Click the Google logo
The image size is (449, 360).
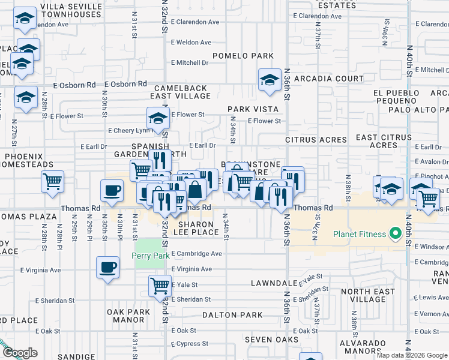(20, 353)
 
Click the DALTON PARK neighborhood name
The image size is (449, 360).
(232, 315)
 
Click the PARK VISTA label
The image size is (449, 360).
(253, 109)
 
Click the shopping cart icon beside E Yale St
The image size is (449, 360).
(160, 286)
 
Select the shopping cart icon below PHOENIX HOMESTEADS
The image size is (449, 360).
(53, 181)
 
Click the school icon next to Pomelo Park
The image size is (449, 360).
(270, 79)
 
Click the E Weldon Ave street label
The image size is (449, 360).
(191, 43)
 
